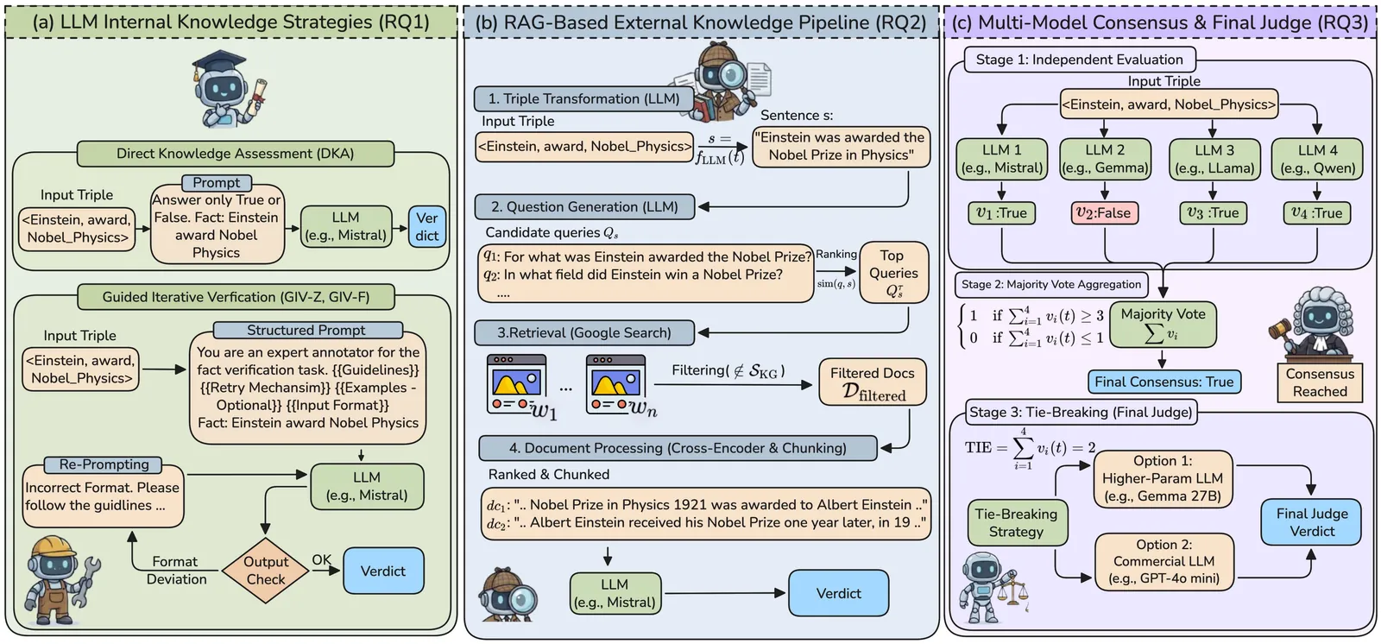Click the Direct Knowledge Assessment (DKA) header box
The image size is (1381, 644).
pos(235,154)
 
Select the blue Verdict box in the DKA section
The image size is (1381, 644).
pos(426,227)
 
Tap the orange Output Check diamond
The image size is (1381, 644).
pos(265,570)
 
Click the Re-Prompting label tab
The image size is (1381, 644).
pos(104,464)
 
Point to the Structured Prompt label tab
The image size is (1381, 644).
pos(306,330)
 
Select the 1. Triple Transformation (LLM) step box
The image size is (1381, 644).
pos(583,98)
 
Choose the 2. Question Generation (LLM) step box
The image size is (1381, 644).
pos(583,207)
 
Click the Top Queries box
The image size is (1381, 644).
pos(893,273)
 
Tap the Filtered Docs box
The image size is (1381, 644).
pos(873,383)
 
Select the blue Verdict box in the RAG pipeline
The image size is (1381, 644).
pos(838,593)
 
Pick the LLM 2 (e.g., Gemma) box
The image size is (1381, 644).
pos(1105,159)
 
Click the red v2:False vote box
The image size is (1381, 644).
pos(1104,213)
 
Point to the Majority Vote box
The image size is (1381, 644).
pos(1163,324)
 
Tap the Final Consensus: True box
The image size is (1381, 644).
pos(1163,382)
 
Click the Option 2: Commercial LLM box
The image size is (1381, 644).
pos(1163,561)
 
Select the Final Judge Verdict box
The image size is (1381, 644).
pos(1311,522)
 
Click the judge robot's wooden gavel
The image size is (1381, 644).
pos(1283,329)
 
